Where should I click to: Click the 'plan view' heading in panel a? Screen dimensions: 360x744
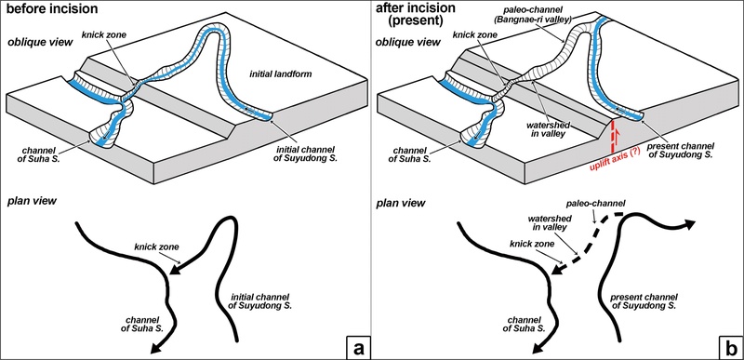tap(34, 200)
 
